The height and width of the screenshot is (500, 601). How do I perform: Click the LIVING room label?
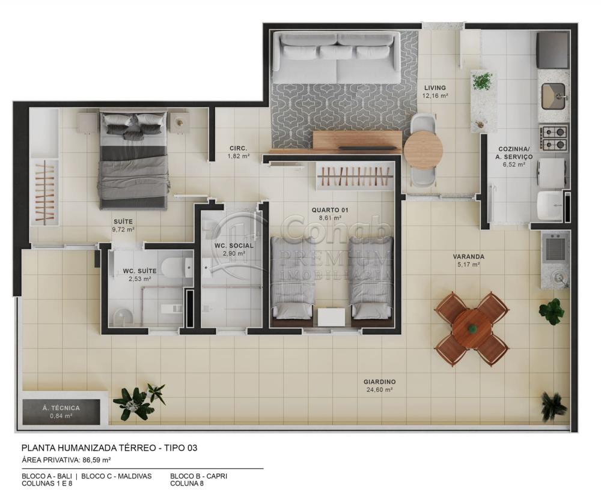(435, 88)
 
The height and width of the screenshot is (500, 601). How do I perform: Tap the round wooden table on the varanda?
(472, 329)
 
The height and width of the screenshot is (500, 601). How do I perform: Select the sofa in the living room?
(337, 58)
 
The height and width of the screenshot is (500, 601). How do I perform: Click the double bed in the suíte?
(133, 161)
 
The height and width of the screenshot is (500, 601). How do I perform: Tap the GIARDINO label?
(379, 382)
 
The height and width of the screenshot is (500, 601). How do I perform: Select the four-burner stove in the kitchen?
(554, 137)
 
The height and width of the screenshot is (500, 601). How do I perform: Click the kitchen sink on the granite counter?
(554, 96)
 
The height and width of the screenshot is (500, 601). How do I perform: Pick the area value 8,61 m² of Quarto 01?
(329, 218)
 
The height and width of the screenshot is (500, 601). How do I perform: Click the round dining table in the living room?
(423, 149)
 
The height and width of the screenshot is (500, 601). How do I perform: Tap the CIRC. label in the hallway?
(238, 148)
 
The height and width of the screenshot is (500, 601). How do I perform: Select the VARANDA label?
(468, 256)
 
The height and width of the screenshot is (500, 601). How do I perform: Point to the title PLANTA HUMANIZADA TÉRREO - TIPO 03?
(109, 448)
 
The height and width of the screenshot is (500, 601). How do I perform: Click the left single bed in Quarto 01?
(293, 277)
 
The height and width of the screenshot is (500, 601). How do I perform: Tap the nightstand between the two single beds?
(331, 317)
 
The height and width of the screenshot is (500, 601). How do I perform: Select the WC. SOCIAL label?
(234, 245)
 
